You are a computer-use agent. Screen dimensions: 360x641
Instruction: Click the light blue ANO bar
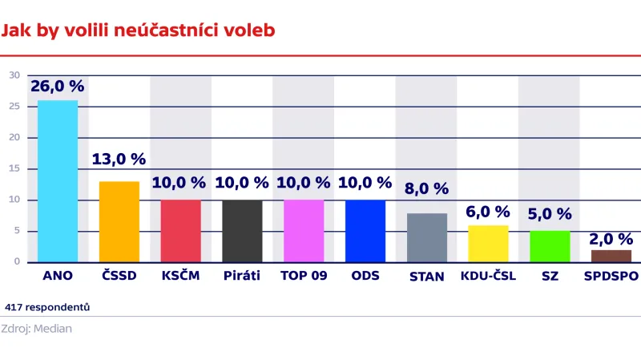pyautogui.click(x=58, y=181)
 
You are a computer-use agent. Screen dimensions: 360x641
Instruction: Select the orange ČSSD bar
pyautogui.click(x=119, y=221)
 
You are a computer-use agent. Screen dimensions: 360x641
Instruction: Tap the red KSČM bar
pyautogui.click(x=181, y=231)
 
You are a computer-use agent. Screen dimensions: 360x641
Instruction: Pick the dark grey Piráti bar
pyautogui.click(x=242, y=231)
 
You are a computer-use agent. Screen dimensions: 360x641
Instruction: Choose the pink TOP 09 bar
pyautogui.click(x=304, y=231)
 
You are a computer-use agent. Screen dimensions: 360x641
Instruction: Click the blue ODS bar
pyautogui.click(x=365, y=231)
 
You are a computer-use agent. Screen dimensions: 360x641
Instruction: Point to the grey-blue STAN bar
pyautogui.click(x=427, y=237)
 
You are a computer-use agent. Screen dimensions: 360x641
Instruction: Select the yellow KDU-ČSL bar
pyautogui.click(x=488, y=244)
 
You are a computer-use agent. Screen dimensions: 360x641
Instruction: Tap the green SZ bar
pyautogui.click(x=550, y=246)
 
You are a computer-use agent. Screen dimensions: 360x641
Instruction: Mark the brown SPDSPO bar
pyautogui.click(x=611, y=256)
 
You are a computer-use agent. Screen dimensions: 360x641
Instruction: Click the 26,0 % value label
pyautogui.click(x=57, y=86)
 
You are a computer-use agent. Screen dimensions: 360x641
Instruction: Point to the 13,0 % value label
pyautogui.click(x=119, y=159)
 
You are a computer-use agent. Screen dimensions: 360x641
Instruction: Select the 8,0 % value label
pyautogui.click(x=427, y=189)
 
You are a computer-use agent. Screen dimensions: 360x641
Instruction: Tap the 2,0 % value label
pyautogui.click(x=611, y=238)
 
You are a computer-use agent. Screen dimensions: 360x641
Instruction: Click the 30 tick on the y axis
pyautogui.click(x=14, y=75)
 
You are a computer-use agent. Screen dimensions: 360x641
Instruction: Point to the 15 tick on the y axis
pyautogui.click(x=14, y=168)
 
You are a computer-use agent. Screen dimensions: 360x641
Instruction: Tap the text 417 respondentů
pyautogui.click(x=47, y=307)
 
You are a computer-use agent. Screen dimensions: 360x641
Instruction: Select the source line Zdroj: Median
pyautogui.click(x=37, y=329)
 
